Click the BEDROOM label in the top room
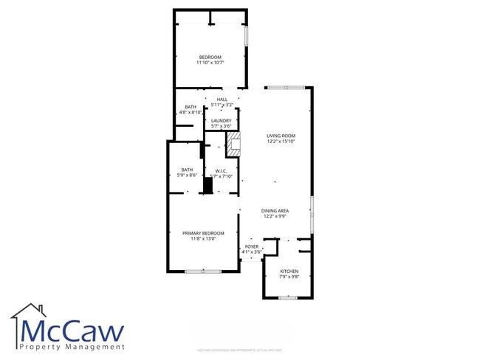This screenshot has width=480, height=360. click(210, 58)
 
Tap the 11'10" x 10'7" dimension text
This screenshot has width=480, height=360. click(210, 63)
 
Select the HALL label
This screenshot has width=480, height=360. click(222, 100)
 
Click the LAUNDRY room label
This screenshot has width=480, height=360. click(222, 120)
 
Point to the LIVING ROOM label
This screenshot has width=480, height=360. click(281, 136)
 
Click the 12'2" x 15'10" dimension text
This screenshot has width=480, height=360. click(281, 141)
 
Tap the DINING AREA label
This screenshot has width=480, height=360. click(275, 210)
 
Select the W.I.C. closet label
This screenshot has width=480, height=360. click(220, 171)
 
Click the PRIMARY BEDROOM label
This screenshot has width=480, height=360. click(203, 233)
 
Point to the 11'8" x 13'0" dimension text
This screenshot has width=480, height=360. click(203, 238)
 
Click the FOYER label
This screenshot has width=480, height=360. click(252, 246)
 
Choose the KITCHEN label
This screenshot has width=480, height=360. click(289, 271)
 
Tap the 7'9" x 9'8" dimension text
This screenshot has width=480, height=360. click(289, 277)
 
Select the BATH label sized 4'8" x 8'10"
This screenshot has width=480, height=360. click(191, 108)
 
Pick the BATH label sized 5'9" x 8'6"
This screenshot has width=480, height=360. click(187, 170)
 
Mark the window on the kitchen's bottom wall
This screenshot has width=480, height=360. click(287, 297)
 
